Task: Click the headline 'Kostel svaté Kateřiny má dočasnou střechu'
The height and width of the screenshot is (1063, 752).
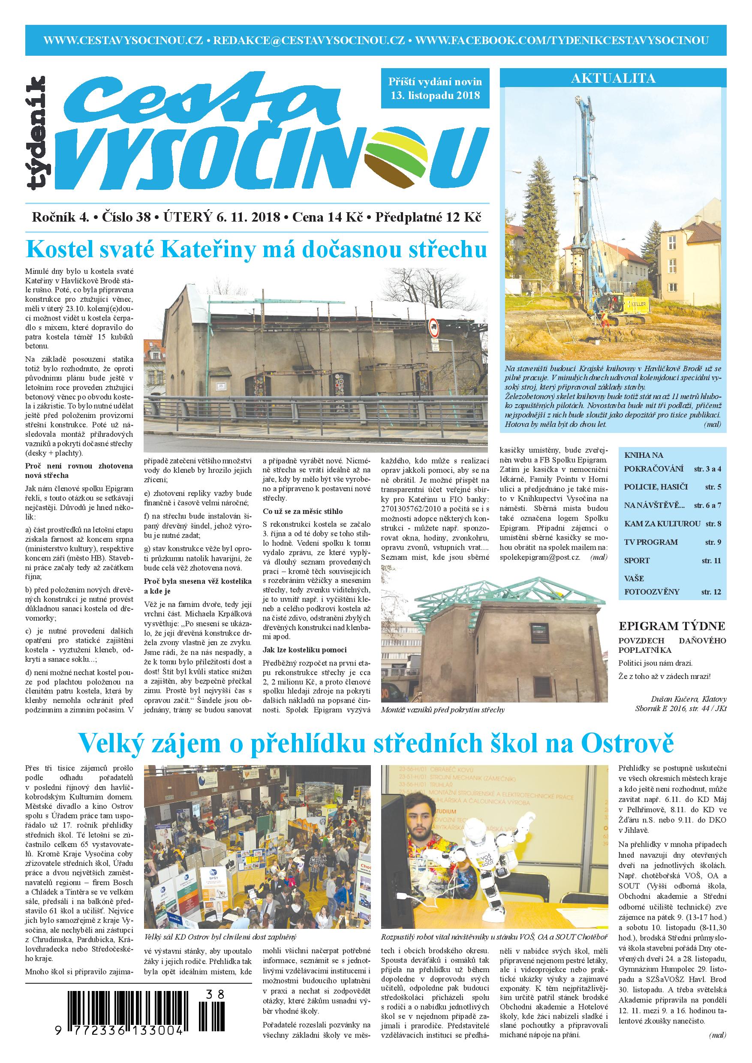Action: (256, 249)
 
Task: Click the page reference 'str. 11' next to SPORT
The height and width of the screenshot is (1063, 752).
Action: (711, 561)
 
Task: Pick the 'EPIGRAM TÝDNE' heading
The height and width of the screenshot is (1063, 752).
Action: (672, 626)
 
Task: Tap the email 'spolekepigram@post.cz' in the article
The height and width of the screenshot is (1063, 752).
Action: (540, 557)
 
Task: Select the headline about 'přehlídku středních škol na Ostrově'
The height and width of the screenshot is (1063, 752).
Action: (376, 743)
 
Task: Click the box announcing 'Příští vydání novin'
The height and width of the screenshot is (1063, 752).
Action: (435, 88)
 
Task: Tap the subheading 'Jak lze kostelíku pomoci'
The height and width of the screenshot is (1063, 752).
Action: (304, 649)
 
